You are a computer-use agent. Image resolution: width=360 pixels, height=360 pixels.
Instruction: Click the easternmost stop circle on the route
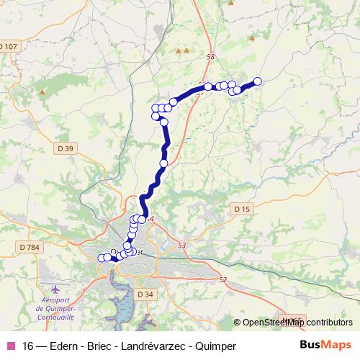coord(257,81)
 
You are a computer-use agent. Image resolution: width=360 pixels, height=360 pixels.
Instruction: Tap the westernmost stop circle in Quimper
coord(102,257)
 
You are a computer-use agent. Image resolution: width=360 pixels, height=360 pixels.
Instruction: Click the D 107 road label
coord(8,48)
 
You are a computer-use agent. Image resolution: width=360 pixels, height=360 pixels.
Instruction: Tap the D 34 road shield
coord(145,294)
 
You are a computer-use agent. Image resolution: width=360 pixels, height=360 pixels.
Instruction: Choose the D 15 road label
coord(242,209)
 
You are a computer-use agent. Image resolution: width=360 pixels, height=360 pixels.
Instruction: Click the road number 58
coord(210,57)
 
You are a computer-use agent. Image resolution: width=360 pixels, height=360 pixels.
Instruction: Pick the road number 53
coord(181,246)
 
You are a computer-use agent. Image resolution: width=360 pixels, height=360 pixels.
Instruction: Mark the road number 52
coord(222,279)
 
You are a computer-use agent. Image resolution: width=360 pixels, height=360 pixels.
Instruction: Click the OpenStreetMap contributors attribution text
coord(297,323)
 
